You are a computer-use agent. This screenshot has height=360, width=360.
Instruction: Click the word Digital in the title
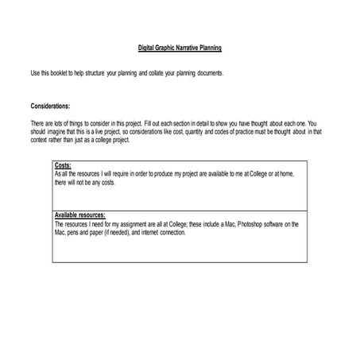(148, 48)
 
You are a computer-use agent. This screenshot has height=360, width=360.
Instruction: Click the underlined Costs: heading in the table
(63, 165)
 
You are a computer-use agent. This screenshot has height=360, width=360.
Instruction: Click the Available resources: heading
(79, 215)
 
